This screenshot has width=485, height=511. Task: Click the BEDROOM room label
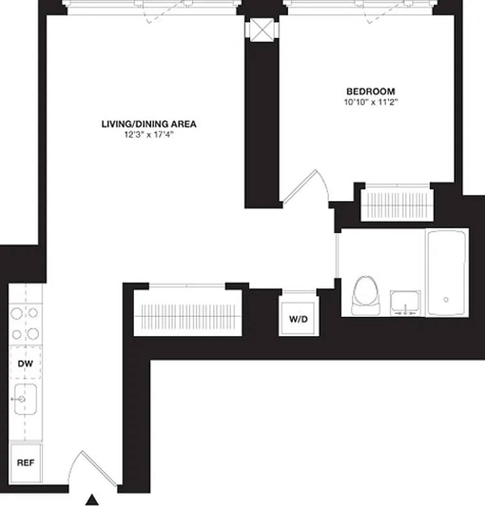coord(370,91)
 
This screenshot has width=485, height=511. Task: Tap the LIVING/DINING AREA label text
coord(149,124)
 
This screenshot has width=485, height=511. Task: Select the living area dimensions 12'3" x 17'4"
coord(149,135)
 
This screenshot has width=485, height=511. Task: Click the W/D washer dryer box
coord(297,318)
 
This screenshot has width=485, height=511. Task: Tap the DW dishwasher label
coord(26,364)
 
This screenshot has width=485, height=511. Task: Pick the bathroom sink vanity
coord(405,303)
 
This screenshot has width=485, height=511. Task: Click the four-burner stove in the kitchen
coord(25,323)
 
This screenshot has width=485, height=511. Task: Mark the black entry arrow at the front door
coord(93,500)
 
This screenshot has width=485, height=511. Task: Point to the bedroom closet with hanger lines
coord(396,203)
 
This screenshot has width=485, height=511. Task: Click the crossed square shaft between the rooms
coord(262,30)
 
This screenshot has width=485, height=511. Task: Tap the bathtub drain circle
coord(446,299)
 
